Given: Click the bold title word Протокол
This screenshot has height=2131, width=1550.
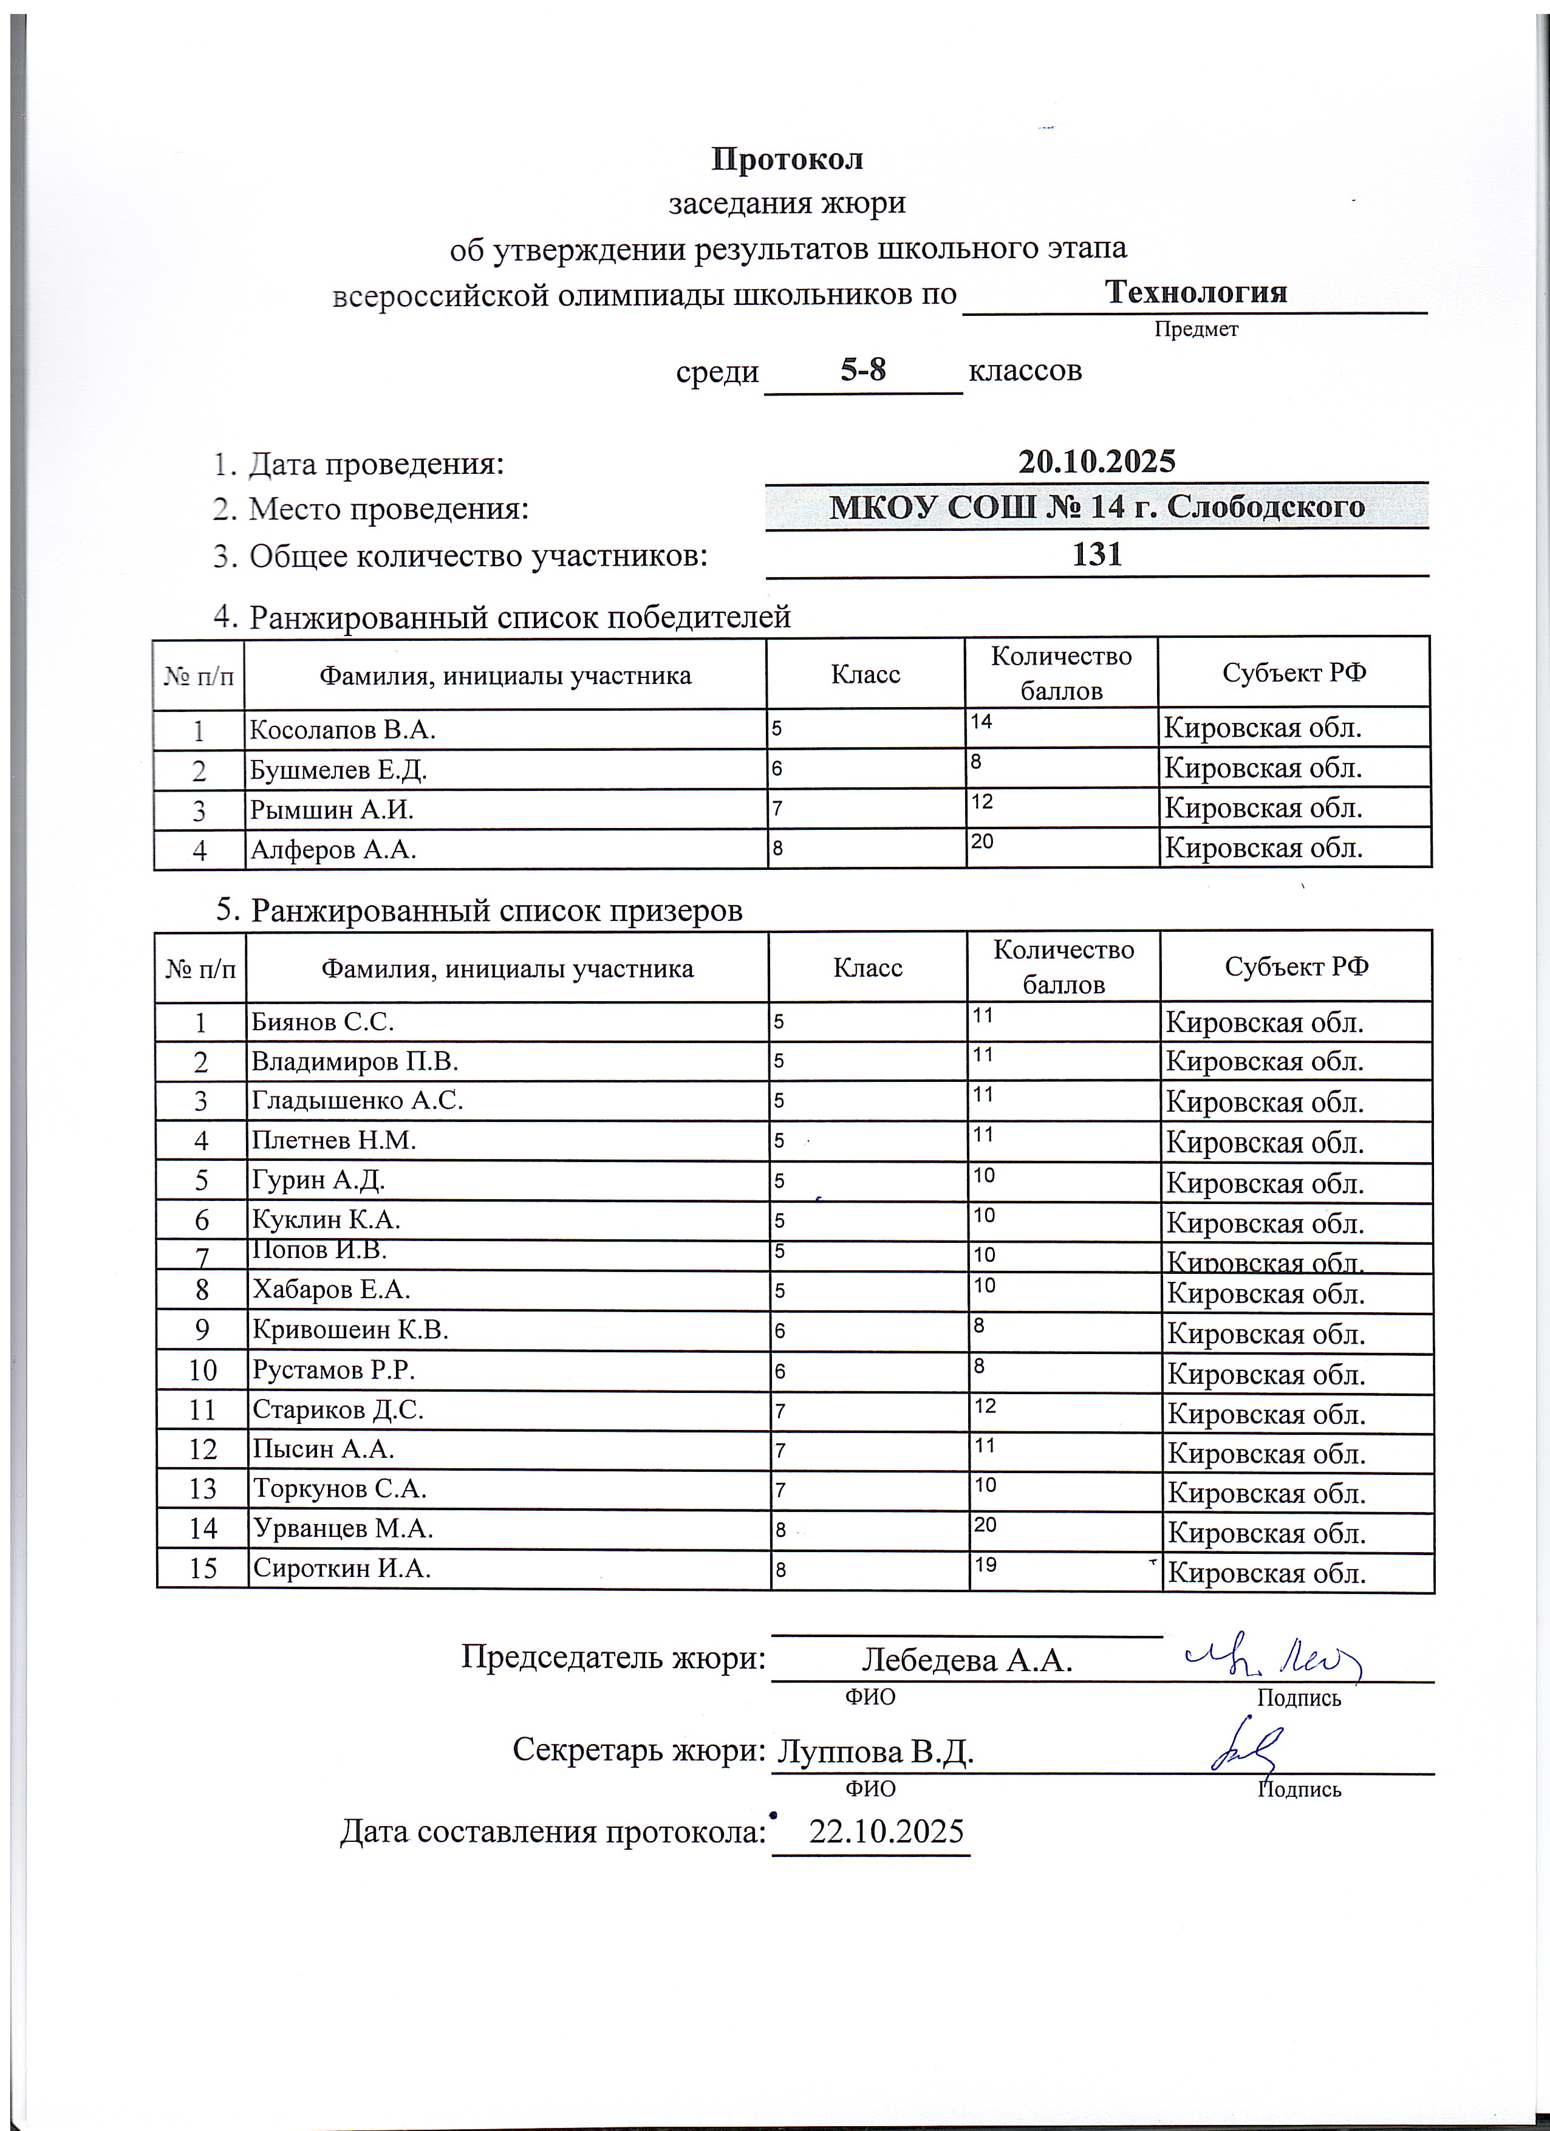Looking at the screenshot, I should (787, 159).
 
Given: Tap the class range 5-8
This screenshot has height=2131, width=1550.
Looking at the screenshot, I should (862, 370).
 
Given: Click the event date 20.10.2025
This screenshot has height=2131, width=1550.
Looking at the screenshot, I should (1096, 461).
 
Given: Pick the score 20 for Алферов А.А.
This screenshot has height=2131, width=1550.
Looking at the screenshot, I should (983, 842).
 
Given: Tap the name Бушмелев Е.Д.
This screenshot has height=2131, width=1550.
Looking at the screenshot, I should (338, 770).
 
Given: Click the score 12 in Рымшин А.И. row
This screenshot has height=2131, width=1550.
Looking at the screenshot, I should (983, 801).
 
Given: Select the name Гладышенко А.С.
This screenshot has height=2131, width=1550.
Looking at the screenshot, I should (357, 1100).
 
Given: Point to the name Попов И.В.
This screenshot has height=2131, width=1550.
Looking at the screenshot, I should (319, 1251).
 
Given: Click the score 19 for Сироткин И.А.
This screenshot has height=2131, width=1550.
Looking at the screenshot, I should (985, 1564).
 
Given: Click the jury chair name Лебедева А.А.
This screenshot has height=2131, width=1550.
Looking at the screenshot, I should (967, 1660).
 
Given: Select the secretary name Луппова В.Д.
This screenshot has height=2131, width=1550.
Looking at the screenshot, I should (873, 1751).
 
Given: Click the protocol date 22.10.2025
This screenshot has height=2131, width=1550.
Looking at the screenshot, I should (886, 1832).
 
